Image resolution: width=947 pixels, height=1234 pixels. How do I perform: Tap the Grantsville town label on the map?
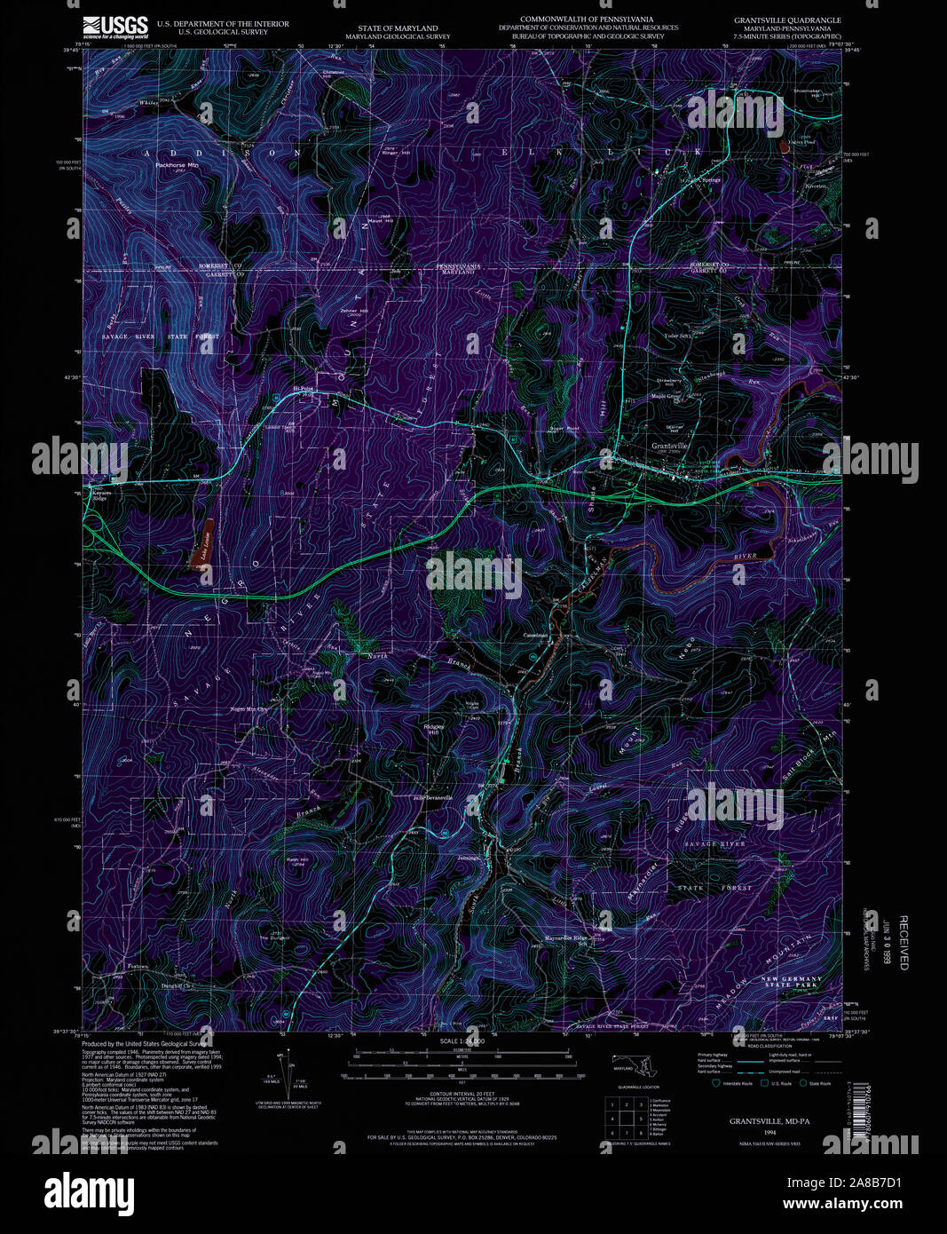670,445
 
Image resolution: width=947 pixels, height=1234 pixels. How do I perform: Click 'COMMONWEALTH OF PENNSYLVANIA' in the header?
587,19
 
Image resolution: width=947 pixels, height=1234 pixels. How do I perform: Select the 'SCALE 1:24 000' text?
462,1040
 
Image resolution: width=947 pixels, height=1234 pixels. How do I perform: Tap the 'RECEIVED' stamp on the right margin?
904,943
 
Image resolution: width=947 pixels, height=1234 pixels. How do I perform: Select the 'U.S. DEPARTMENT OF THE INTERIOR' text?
222,24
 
